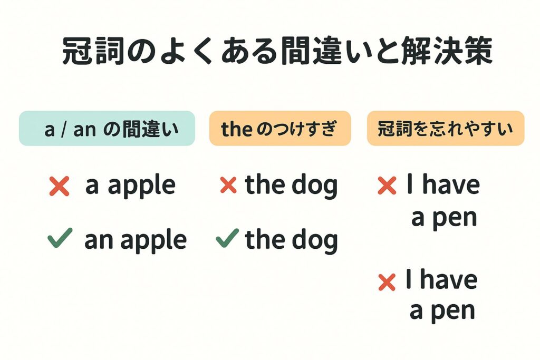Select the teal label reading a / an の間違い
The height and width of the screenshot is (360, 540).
point(107,128)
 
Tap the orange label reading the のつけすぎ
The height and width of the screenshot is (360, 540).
point(279,128)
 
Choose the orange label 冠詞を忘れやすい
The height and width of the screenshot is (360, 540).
point(446,128)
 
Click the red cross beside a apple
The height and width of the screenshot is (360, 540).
point(59,186)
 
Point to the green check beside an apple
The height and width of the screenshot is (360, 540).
point(60,240)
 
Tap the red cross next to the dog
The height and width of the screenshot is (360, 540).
point(228,185)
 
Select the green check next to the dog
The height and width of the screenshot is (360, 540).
point(227,240)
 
